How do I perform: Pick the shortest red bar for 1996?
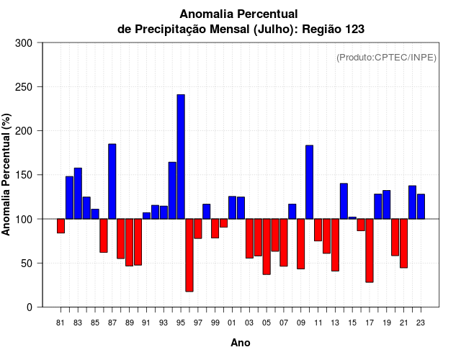[189, 255]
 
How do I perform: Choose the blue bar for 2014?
[344, 201]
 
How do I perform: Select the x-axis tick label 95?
[181, 322]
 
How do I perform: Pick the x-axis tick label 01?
[232, 322]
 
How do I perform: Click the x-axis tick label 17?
[370, 322]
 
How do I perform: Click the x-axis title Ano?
[241, 343]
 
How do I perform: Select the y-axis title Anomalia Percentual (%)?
[7, 174]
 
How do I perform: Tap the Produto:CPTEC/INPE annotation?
[386, 58]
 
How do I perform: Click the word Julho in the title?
[271, 30]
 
